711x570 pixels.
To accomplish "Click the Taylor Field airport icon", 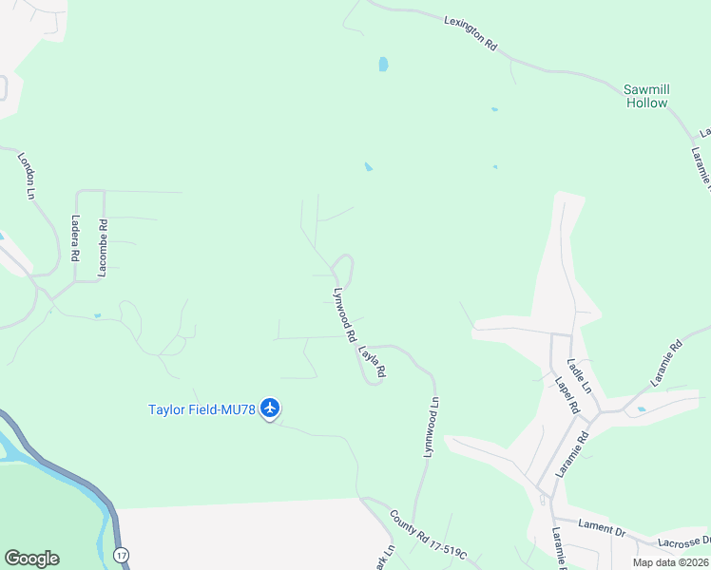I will tap(270, 408).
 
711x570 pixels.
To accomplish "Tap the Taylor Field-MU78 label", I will tap(202, 409).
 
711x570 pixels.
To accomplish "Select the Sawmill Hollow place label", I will tap(646, 96).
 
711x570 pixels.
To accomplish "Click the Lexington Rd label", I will tap(471, 31).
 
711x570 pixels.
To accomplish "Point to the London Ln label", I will tap(26, 175).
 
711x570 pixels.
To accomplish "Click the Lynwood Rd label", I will tap(344, 314).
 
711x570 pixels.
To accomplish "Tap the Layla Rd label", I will tap(372, 362).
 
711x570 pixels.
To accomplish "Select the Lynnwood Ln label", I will tap(431, 428).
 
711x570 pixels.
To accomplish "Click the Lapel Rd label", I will tap(567, 395).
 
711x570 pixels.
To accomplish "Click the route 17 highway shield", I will tap(120, 553).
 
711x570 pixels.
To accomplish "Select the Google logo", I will tap(31, 559).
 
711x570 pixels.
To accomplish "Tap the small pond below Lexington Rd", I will tap(383, 65).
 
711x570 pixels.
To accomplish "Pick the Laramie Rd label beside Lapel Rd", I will tap(573, 452).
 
